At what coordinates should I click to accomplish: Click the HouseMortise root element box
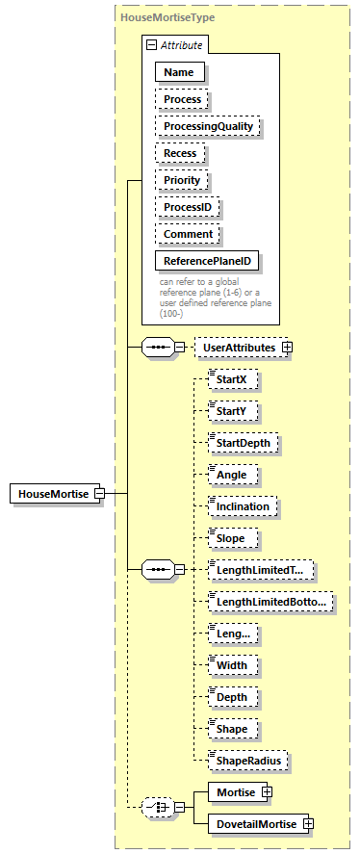[51, 494]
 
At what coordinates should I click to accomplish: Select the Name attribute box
[178, 72]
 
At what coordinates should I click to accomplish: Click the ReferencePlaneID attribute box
[208, 261]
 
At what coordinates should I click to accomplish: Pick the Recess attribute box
[180, 153]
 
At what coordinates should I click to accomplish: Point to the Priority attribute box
[182, 180]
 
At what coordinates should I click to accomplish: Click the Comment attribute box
[188, 234]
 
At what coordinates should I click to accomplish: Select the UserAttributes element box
[236, 347]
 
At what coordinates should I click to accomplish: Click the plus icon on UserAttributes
[286, 347]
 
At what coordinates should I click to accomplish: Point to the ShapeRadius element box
[249, 761]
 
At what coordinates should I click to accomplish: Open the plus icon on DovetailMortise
[308, 823]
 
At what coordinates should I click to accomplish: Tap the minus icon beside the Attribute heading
[151, 45]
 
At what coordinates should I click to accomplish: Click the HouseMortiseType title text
[167, 17]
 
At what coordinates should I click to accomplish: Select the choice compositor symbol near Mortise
[156, 807]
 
